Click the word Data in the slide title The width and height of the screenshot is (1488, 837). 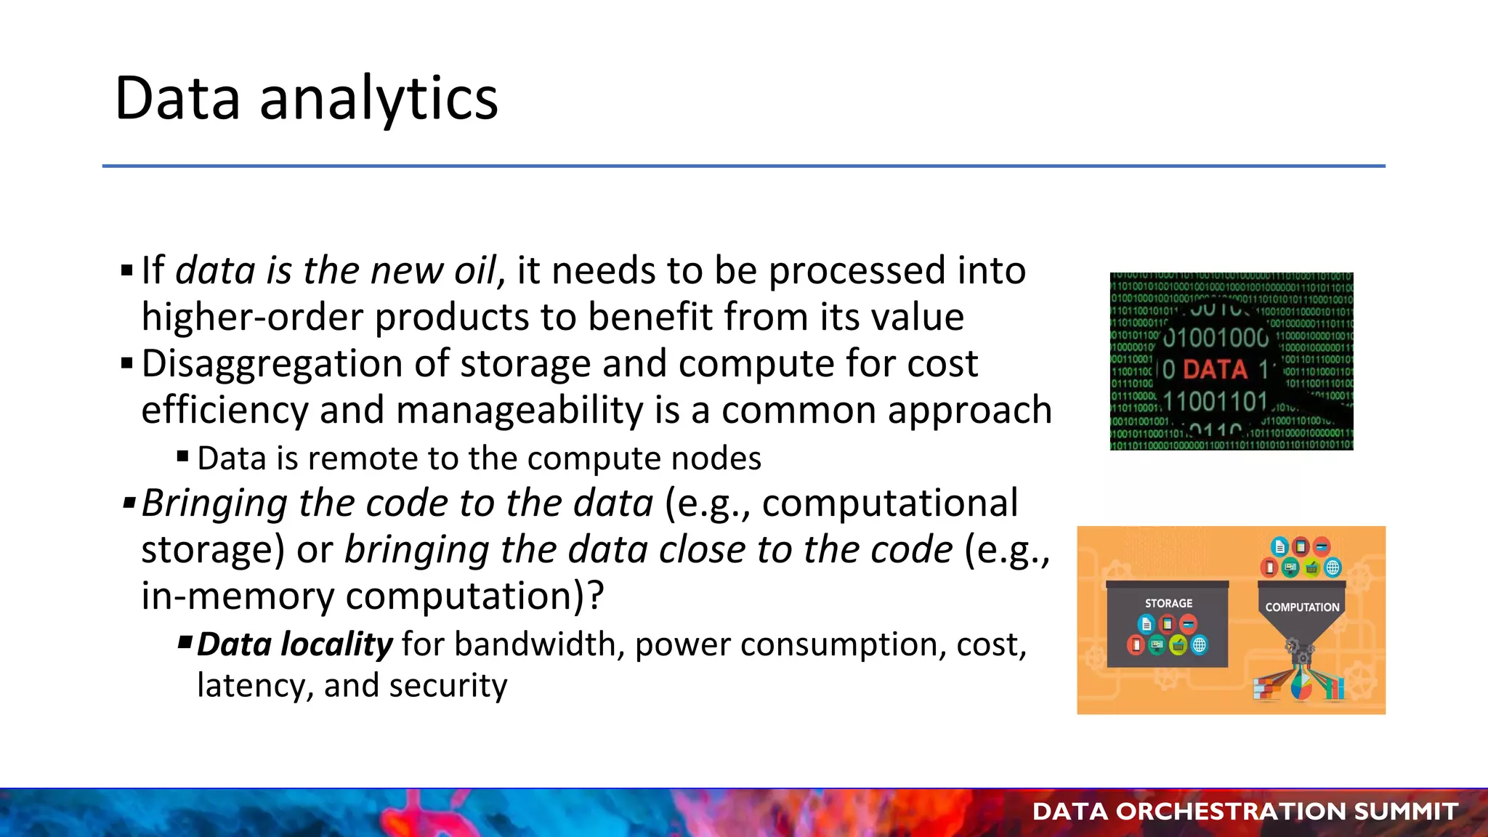click(x=177, y=98)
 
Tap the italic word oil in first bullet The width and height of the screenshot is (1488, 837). click(x=475, y=270)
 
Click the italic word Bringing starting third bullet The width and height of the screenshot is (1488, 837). click(x=214, y=504)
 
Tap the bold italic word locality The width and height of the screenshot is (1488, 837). click(x=336, y=644)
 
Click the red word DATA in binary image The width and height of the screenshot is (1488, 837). click(x=1215, y=369)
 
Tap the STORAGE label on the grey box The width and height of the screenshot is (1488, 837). click(x=1168, y=603)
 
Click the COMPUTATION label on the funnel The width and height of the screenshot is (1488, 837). click(x=1302, y=607)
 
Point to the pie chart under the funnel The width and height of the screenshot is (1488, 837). click(x=1301, y=686)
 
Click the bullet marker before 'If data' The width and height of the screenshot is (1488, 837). click(x=127, y=272)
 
